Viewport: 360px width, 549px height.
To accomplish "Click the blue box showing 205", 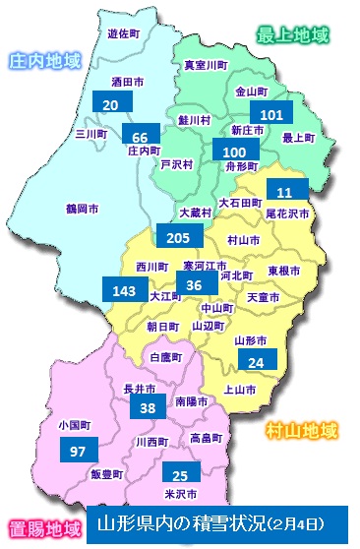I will pos(178,237).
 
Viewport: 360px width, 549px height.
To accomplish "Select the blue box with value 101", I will pos(273,115).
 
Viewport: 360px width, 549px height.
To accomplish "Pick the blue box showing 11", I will pos(286,191).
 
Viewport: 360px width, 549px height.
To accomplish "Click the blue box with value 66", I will pos(141,136).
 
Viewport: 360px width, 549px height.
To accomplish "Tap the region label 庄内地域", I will pos(43,60).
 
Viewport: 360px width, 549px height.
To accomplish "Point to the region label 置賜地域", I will pos(42,528).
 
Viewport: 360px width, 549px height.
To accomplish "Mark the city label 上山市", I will pos(240,391).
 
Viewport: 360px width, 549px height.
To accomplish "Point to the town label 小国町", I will pos(74,427).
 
